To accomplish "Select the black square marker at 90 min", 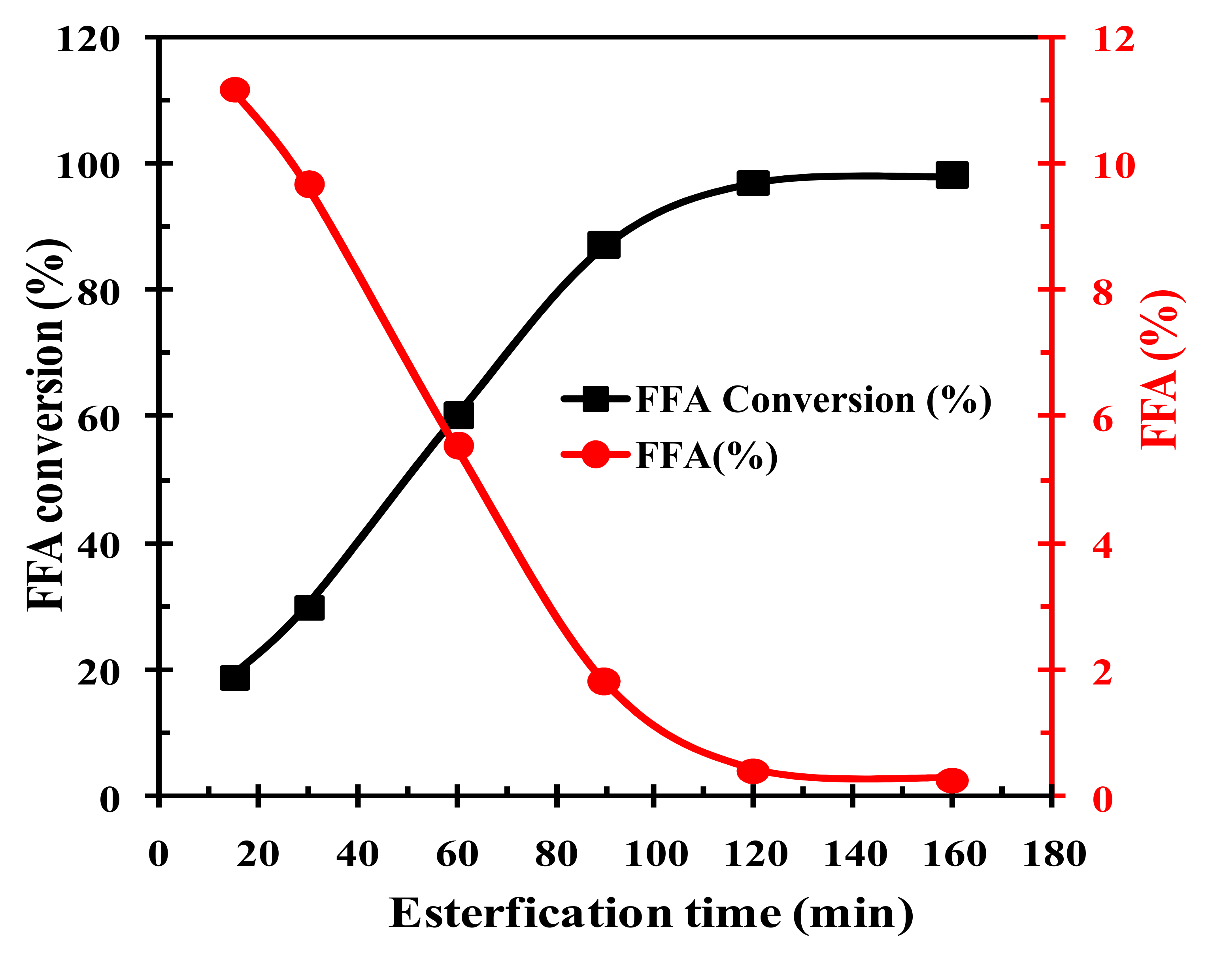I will pos(604,246).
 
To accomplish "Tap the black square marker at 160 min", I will pos(952,175).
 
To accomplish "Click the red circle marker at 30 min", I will pos(309,184).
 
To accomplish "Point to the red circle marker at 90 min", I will pos(604,681).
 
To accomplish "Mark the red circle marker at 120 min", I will pos(753,771).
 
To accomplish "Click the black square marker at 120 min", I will pos(753,183).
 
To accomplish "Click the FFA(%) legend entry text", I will pos(706,456).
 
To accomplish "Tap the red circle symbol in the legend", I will pos(595,454).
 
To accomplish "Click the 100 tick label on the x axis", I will pos(655,854).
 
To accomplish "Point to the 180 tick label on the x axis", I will pos(1054,854).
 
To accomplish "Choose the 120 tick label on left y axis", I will pos(88,40).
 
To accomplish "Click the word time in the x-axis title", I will pos(733,913).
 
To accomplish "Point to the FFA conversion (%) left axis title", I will pos(47,425).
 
